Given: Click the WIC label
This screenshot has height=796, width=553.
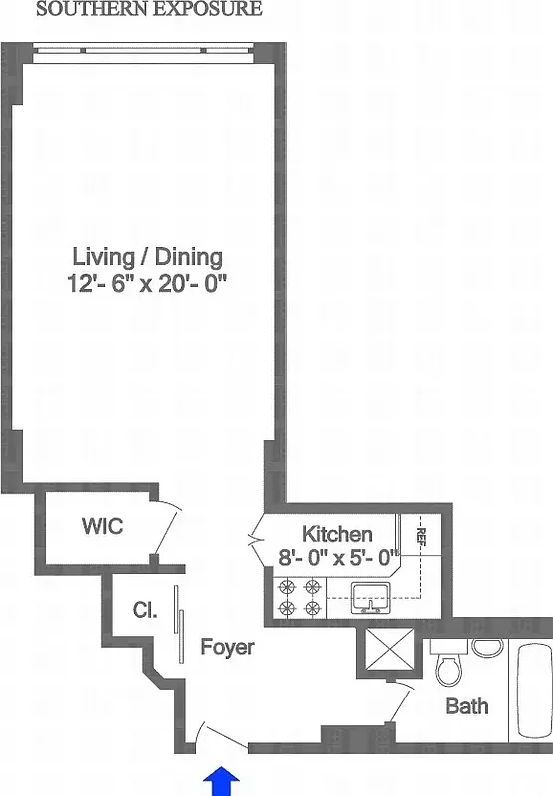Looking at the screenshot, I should click(x=102, y=526).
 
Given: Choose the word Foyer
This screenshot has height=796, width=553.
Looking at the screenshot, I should click(x=227, y=647).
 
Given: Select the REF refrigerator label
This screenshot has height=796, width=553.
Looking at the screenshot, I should click(x=421, y=537).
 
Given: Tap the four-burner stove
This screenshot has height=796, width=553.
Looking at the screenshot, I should click(x=301, y=597).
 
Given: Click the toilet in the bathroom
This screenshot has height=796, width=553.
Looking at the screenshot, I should click(x=448, y=664).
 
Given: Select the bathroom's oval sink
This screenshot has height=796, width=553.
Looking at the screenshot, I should click(x=487, y=648).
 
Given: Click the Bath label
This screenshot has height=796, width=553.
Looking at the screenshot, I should click(x=466, y=706).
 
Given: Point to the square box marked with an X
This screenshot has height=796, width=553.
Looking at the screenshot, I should click(x=387, y=653).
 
